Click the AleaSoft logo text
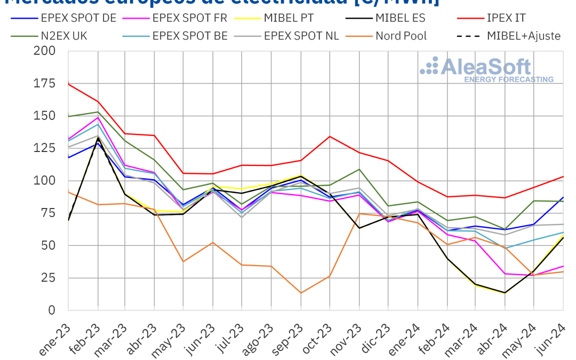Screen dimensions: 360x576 tap(486, 67)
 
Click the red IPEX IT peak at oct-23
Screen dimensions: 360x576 tap(330, 136)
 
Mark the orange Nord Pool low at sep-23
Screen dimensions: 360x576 tap(301, 293)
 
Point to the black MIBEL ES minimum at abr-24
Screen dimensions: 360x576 tap(505, 293)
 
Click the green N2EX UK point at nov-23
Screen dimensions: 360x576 tap(359, 169)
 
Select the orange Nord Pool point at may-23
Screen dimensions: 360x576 tap(184, 261)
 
